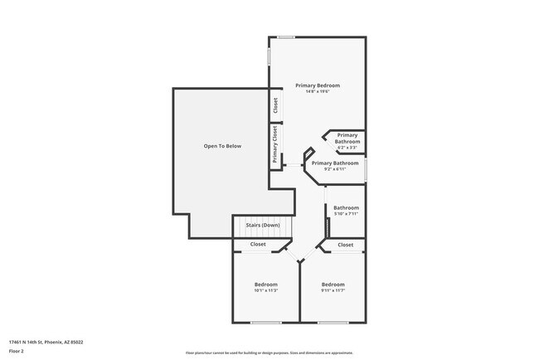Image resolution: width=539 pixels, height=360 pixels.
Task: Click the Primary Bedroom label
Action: (x=318, y=85)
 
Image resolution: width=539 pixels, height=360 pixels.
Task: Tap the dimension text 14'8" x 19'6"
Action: (x=318, y=92)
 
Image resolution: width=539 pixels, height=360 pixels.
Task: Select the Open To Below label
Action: (x=222, y=146)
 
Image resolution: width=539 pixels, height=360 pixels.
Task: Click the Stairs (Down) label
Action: (x=263, y=225)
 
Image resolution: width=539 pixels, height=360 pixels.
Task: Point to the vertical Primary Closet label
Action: (x=274, y=144)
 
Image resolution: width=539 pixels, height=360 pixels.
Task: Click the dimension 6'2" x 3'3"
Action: (x=347, y=148)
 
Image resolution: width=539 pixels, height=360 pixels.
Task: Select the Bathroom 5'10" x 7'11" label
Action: (x=346, y=211)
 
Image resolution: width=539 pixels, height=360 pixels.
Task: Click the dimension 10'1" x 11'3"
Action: (x=265, y=290)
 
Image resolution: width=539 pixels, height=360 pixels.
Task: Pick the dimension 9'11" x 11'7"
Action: (x=333, y=290)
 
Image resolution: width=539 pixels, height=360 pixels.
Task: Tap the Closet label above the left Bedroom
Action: (x=258, y=245)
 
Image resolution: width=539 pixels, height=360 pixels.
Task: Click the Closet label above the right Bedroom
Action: (x=346, y=245)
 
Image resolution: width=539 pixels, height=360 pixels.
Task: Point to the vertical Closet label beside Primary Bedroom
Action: (x=274, y=106)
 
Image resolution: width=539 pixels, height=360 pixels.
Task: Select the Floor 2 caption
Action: (x=17, y=351)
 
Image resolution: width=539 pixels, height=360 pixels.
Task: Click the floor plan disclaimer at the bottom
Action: (x=269, y=353)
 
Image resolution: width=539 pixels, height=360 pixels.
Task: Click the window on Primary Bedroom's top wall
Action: (x=287, y=36)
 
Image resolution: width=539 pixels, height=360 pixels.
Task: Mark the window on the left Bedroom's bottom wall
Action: (x=265, y=322)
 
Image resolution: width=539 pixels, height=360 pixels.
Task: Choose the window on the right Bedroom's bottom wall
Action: (x=333, y=322)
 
